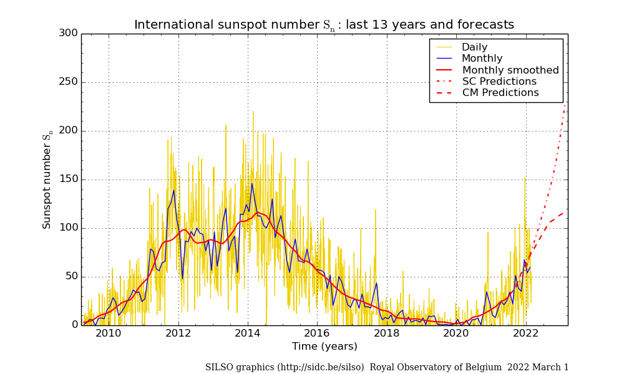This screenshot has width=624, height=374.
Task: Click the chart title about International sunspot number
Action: [324, 25]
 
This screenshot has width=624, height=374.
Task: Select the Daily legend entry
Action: [474, 47]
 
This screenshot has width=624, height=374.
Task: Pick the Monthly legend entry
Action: [482, 59]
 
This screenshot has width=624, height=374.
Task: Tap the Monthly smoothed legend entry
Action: [510, 70]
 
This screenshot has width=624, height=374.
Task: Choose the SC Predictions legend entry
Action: [499, 82]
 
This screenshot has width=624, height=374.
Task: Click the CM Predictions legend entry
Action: [500, 93]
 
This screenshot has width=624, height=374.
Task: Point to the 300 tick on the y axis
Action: [67, 33]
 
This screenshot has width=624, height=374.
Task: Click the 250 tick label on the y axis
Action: [67, 82]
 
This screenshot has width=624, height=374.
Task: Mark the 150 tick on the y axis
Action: [67, 180]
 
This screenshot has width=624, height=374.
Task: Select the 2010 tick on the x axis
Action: [109, 333]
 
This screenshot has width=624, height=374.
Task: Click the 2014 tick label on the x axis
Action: [248, 333]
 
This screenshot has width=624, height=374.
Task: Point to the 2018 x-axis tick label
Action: [387, 333]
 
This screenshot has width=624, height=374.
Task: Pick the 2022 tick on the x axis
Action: [525, 333]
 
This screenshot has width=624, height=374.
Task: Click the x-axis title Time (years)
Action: [324, 347]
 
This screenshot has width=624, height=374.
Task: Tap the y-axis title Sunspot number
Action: [47, 181]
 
